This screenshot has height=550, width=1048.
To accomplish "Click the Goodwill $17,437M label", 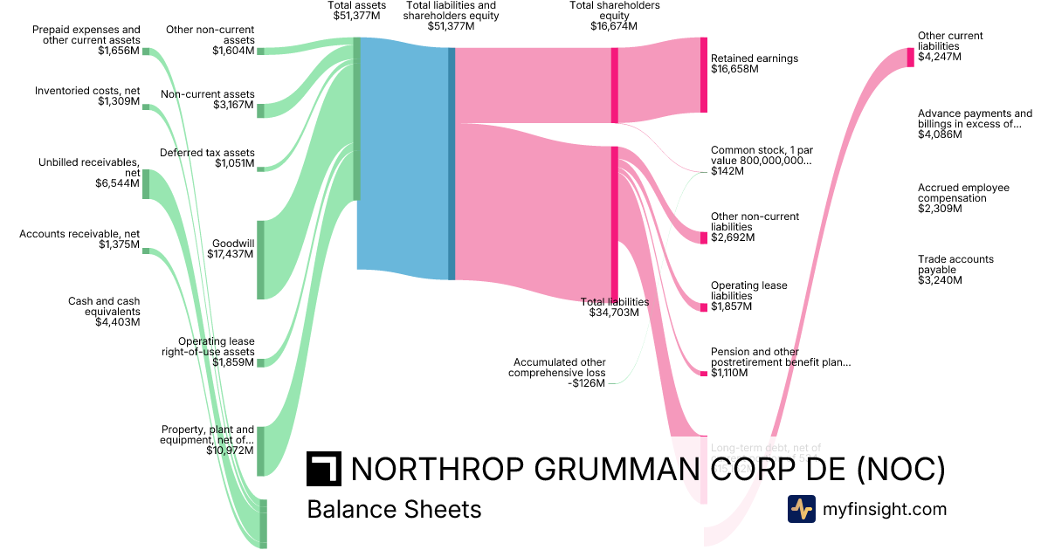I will point(232,249).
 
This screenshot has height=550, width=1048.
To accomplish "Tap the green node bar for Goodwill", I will point(260,260).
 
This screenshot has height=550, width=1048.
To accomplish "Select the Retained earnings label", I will point(754,64).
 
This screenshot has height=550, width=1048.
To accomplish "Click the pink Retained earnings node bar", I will point(704,75).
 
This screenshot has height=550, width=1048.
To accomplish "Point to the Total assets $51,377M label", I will point(356,10).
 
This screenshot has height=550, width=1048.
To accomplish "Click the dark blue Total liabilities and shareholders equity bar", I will point(452,163).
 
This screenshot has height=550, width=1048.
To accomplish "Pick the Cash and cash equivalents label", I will point(104,312).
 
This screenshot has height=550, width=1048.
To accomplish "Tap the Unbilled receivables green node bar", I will point(146,183).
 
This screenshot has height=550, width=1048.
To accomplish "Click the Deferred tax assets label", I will point(207,158).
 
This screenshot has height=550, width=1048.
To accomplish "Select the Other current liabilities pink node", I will point(910,57).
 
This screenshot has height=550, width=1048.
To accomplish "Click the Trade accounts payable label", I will point(955,270).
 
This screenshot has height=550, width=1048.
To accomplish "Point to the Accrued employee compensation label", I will point(963,198).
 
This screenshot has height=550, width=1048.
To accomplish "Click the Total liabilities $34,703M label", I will point(615,307).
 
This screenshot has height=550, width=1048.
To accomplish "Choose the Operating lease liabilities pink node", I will point(704,306).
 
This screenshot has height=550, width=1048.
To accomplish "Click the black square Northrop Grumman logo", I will point(323,469).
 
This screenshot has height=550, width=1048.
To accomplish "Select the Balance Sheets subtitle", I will point(394,509).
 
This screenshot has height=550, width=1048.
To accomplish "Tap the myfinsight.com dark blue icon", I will point(802,509).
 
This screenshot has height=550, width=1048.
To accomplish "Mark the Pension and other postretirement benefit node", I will point(704,374).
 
